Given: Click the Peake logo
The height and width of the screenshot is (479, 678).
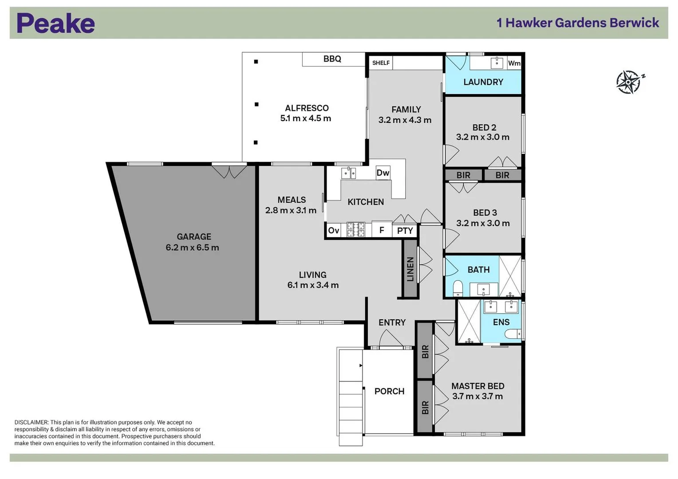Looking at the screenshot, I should click(x=55, y=23).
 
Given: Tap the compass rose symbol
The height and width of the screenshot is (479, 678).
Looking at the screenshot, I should click(x=629, y=82).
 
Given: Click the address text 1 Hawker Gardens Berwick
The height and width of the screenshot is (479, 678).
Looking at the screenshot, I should click(x=578, y=23).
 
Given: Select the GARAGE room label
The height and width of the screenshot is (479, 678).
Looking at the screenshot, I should click(x=193, y=237).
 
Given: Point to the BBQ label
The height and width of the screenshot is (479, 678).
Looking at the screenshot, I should click(x=332, y=59).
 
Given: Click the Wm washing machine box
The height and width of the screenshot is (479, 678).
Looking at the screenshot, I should click(x=514, y=63).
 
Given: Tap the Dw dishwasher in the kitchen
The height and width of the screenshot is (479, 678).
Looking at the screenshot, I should click(x=382, y=173).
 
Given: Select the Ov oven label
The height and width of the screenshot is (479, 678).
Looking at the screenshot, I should click(x=333, y=231).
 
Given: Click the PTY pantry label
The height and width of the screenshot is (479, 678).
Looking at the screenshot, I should click(x=405, y=231).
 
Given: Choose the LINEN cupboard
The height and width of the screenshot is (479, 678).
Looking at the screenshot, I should click(x=410, y=269).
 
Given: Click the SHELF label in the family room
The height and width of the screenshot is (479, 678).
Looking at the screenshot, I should click(x=381, y=63).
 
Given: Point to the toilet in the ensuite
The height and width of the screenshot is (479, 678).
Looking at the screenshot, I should click(x=514, y=334).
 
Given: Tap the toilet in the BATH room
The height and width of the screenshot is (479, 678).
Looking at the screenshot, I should click(x=457, y=288).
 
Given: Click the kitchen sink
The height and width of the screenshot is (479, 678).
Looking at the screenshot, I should click(x=348, y=173).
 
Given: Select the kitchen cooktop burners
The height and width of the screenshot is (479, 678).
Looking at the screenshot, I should click(x=355, y=230).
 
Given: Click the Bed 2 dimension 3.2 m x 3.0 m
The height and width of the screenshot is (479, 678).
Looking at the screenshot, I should click(x=483, y=137).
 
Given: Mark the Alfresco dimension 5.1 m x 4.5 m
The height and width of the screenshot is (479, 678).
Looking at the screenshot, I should click(x=305, y=118).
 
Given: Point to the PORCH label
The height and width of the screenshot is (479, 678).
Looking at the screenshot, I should click(x=389, y=391).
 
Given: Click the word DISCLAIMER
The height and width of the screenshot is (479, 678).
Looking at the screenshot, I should click(x=31, y=423).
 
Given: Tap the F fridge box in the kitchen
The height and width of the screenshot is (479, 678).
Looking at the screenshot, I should click(x=381, y=230).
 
